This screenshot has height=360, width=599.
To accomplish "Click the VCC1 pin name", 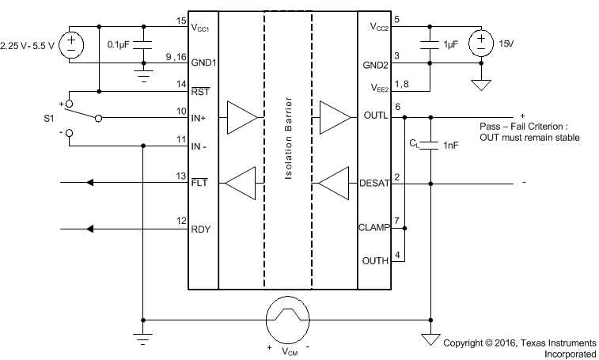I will [202, 28].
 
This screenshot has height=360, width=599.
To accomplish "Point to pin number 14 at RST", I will [180, 83].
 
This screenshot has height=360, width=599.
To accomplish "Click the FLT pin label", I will [198, 185].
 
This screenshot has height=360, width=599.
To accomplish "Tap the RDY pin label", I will [199, 230].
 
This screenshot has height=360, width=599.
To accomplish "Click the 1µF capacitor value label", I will [450, 44].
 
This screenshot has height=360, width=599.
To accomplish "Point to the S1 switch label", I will [49, 119].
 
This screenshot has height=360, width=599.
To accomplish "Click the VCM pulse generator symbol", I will [287, 320].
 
